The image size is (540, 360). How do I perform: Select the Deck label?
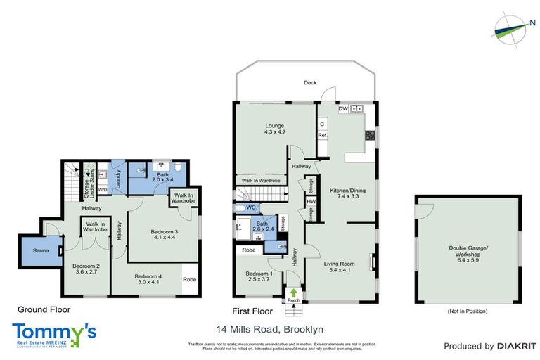point(310,82)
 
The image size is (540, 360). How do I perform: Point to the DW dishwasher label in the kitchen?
point(343,109)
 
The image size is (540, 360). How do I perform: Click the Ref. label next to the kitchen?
point(323,135)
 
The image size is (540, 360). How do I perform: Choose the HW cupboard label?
point(311,201)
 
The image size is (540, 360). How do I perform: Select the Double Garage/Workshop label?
point(467,251)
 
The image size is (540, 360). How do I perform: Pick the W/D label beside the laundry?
point(102,189)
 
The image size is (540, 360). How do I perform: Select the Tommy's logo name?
point(54,331)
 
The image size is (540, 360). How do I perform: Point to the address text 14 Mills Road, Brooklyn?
point(270,328)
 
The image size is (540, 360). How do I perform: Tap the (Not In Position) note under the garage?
point(467,311)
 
